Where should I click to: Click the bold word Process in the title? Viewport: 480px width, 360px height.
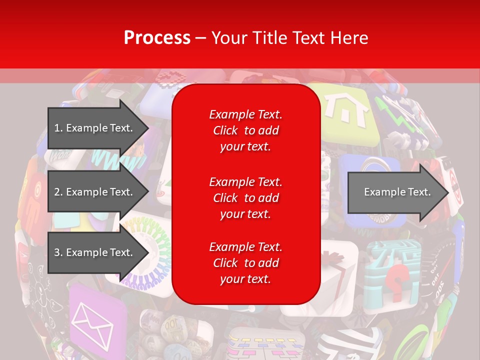click(x=157, y=37)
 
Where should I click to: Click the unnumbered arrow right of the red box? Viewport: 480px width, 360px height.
click(x=397, y=192)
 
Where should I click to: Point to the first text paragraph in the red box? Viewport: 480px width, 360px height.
click(x=245, y=130)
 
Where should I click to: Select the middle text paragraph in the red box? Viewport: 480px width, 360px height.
click(x=245, y=197)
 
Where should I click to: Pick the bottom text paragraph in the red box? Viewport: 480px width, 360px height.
click(x=245, y=263)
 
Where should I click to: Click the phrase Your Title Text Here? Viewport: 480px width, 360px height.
click(x=289, y=37)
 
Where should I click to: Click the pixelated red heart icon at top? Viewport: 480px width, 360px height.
click(x=170, y=77)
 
